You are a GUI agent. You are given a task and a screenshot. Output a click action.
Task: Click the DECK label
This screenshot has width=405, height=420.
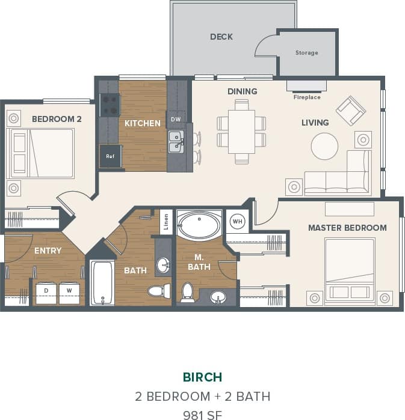(x=221, y=37)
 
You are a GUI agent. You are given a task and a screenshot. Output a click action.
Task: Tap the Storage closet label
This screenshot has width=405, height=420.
(x=306, y=53)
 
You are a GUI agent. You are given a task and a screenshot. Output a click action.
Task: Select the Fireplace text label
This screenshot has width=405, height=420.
(x=306, y=97)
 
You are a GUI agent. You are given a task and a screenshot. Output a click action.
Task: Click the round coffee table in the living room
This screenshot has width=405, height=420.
(x=324, y=146)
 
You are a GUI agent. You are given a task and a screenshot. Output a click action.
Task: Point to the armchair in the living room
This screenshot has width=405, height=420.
(x=350, y=111)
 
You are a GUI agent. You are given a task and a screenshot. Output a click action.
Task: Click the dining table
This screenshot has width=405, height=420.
(x=241, y=132)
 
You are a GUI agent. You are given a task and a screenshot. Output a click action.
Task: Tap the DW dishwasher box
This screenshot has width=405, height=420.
(x=176, y=119)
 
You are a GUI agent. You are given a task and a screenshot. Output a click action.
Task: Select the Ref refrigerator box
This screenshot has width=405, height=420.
(x=110, y=156)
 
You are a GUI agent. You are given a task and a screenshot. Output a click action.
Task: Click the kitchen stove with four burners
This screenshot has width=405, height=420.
(x=110, y=105)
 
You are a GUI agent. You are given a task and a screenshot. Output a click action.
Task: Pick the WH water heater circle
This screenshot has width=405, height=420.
(x=238, y=221)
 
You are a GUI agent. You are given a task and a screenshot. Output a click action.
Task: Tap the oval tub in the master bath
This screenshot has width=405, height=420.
(x=200, y=225)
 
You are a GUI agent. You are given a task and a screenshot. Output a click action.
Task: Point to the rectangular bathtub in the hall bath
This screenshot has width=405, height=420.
(x=102, y=282)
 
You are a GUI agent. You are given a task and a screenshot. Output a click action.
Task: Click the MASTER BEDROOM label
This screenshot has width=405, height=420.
(x=347, y=228)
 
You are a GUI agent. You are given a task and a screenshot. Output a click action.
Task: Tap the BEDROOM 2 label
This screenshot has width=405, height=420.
(x=57, y=119)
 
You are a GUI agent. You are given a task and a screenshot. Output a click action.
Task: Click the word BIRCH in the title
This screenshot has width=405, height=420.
(x=202, y=377)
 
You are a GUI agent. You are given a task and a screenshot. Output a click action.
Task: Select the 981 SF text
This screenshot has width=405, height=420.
(x=202, y=414)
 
